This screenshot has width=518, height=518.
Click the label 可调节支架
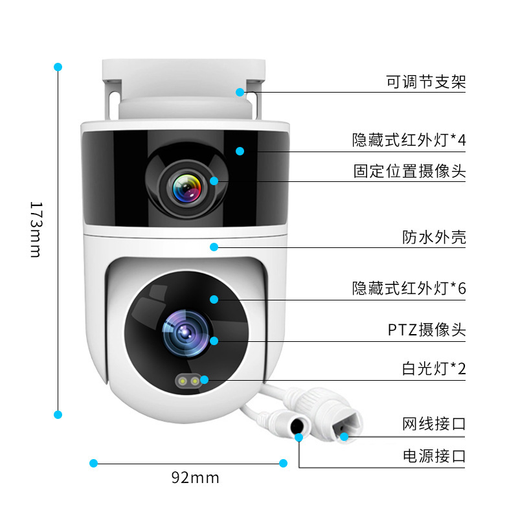tap(425, 82)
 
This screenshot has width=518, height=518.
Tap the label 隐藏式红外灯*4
tap(409, 140)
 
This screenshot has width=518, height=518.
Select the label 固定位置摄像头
tap(409, 172)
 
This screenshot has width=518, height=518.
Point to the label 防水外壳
tap(434, 238)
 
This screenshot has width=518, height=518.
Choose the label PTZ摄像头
tap(427, 330)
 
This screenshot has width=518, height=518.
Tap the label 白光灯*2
tap(434, 369)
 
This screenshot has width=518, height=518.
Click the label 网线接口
tap(434, 424)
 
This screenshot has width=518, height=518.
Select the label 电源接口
tap(434, 456)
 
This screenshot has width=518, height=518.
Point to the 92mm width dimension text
tap(195, 478)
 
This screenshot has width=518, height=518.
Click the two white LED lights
tap(188, 381)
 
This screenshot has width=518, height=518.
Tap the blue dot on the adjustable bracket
tap(240, 92)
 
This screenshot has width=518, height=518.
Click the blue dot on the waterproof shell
tap(214, 247)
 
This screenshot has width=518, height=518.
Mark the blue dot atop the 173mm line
tap(58, 67)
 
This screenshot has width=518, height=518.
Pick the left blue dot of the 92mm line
tap(93, 463)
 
